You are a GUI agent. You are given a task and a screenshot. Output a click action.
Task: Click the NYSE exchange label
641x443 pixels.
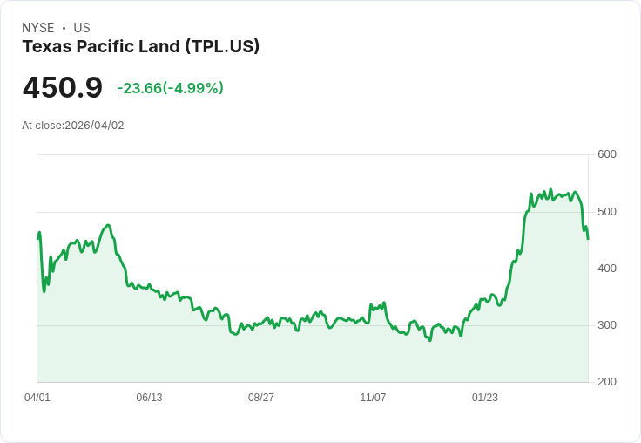pyautogui.click(x=38, y=28)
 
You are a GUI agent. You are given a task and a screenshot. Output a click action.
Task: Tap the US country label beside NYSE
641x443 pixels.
pyautogui.click(x=82, y=28)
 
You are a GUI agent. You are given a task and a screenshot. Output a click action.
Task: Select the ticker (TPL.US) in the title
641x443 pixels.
pyautogui.click(x=222, y=47)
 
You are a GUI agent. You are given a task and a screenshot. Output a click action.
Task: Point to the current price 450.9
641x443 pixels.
pyautogui.click(x=62, y=87)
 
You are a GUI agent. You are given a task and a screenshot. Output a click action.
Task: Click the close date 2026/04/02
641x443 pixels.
pyautogui.click(x=95, y=126)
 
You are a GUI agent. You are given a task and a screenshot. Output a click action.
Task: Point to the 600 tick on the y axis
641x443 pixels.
pyautogui.click(x=607, y=155)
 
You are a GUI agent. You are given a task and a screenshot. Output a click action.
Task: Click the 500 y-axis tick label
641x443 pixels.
pyautogui.click(x=607, y=212)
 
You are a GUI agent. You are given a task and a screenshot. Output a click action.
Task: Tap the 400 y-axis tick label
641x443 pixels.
pyautogui.click(x=607, y=269)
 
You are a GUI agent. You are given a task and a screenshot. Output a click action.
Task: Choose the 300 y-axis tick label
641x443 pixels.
pyautogui.click(x=607, y=325)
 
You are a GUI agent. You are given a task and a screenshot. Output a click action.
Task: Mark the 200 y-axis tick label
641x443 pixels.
pyautogui.click(x=607, y=382)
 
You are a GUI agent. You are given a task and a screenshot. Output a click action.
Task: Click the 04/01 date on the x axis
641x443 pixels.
pyautogui.click(x=37, y=398)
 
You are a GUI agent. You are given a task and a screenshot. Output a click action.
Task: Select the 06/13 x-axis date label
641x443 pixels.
pyautogui.click(x=149, y=398)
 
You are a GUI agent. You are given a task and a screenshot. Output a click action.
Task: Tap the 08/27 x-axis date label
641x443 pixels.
pyautogui.click(x=261, y=398)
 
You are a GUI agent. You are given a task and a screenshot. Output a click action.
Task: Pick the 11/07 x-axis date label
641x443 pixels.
pyautogui.click(x=373, y=398)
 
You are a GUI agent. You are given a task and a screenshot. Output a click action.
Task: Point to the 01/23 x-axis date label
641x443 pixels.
pyautogui.click(x=485, y=398)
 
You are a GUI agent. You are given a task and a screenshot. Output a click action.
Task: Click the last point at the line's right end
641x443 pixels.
pyautogui.click(x=588, y=239)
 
